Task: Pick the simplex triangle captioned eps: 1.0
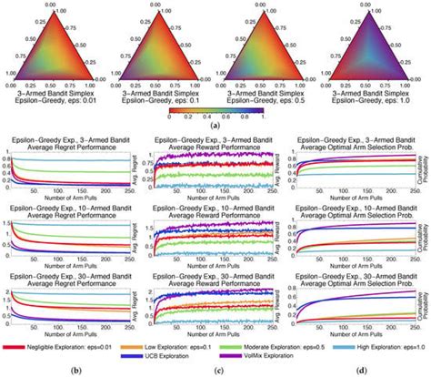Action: pos(377,42)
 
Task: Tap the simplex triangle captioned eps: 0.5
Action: pos(269,42)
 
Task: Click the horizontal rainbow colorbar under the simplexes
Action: pos(215,110)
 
